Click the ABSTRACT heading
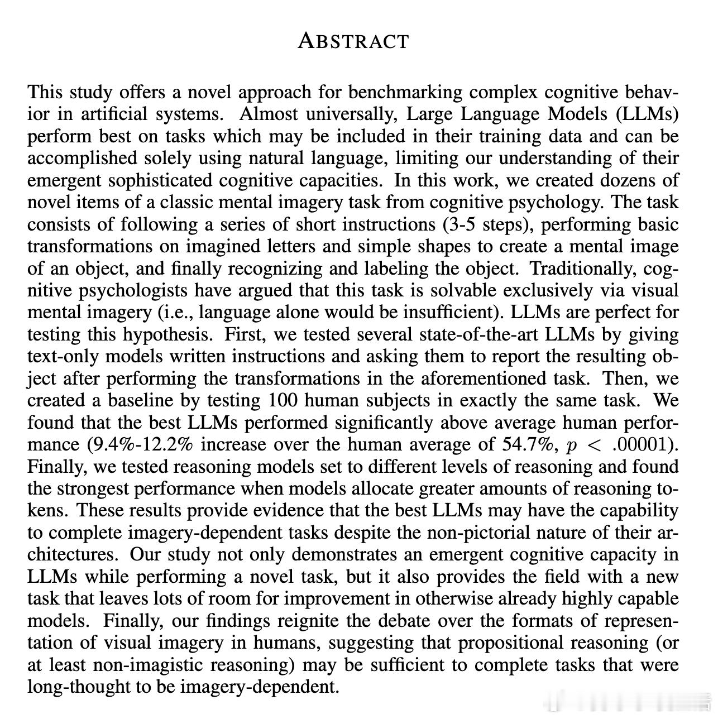click(353, 41)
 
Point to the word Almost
click(266, 114)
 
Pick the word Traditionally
click(582, 269)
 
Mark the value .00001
click(642, 445)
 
